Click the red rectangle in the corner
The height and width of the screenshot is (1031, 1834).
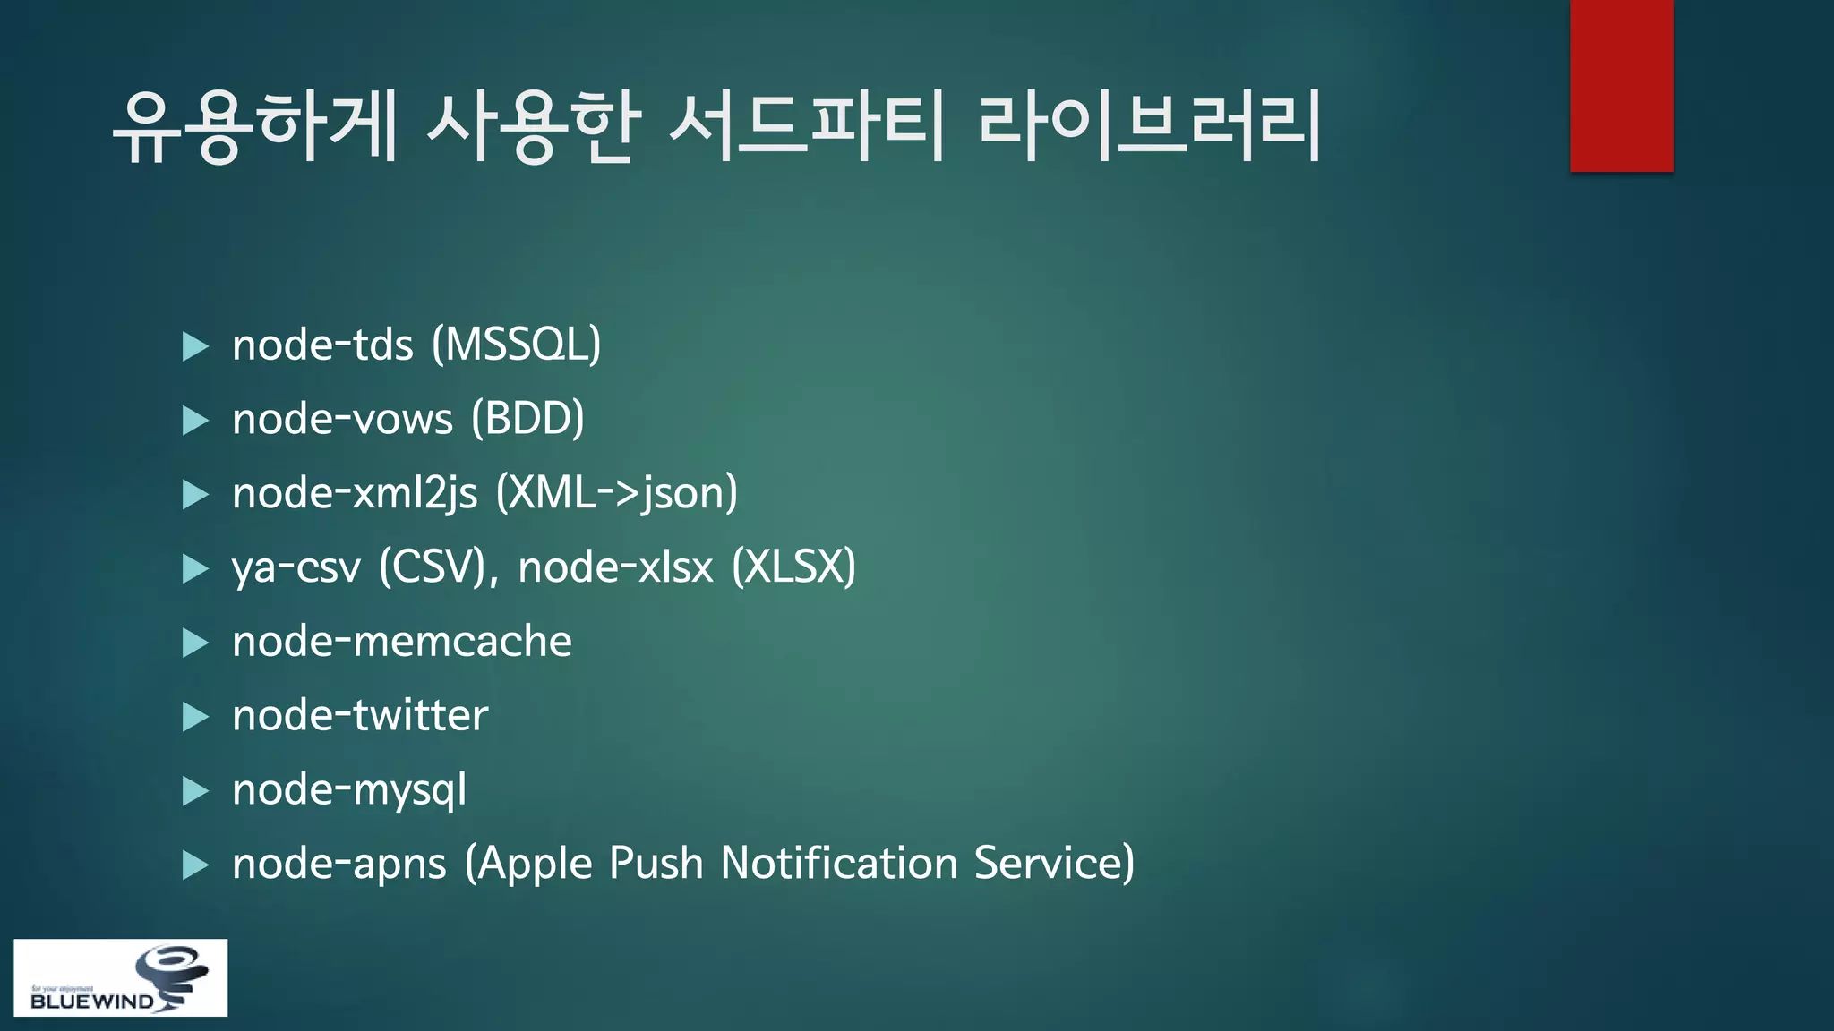[x=1621, y=85]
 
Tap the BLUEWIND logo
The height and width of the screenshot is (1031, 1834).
[x=120, y=977]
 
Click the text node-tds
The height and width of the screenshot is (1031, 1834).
[x=322, y=345]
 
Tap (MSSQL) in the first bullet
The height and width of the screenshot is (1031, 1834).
[x=516, y=345]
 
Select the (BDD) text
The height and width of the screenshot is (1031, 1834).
[x=527, y=419]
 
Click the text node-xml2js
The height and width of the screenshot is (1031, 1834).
[x=355, y=493]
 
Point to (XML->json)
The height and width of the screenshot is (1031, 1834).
[x=617, y=493]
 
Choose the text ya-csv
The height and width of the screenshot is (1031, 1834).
[x=296, y=567]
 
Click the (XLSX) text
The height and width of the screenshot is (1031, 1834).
[x=793, y=567]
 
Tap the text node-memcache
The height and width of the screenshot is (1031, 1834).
[x=402, y=642]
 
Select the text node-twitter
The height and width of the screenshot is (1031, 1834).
[x=360, y=716]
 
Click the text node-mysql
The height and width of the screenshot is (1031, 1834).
[x=349, y=790]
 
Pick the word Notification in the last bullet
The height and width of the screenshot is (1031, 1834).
[x=839, y=864]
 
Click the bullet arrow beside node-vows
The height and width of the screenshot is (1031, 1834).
[x=195, y=420]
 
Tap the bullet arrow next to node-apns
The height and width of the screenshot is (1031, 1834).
[x=195, y=865]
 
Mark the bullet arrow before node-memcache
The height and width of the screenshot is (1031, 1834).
[x=195, y=643]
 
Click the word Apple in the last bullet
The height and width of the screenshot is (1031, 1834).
[x=536, y=864]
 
